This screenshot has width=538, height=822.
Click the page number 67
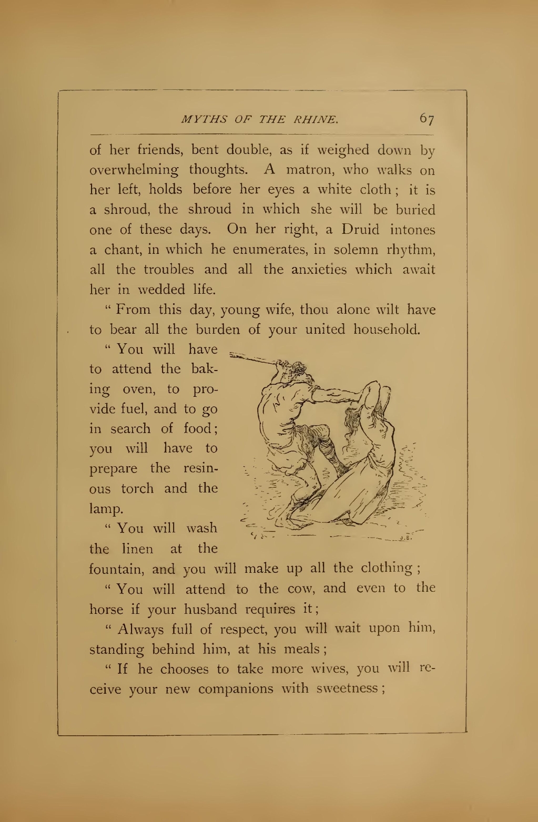427,119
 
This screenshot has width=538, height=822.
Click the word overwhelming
134,170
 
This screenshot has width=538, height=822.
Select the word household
387,330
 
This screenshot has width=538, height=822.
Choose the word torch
137,488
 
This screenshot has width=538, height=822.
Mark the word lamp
107,509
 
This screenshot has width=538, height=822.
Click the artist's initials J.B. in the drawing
404,538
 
